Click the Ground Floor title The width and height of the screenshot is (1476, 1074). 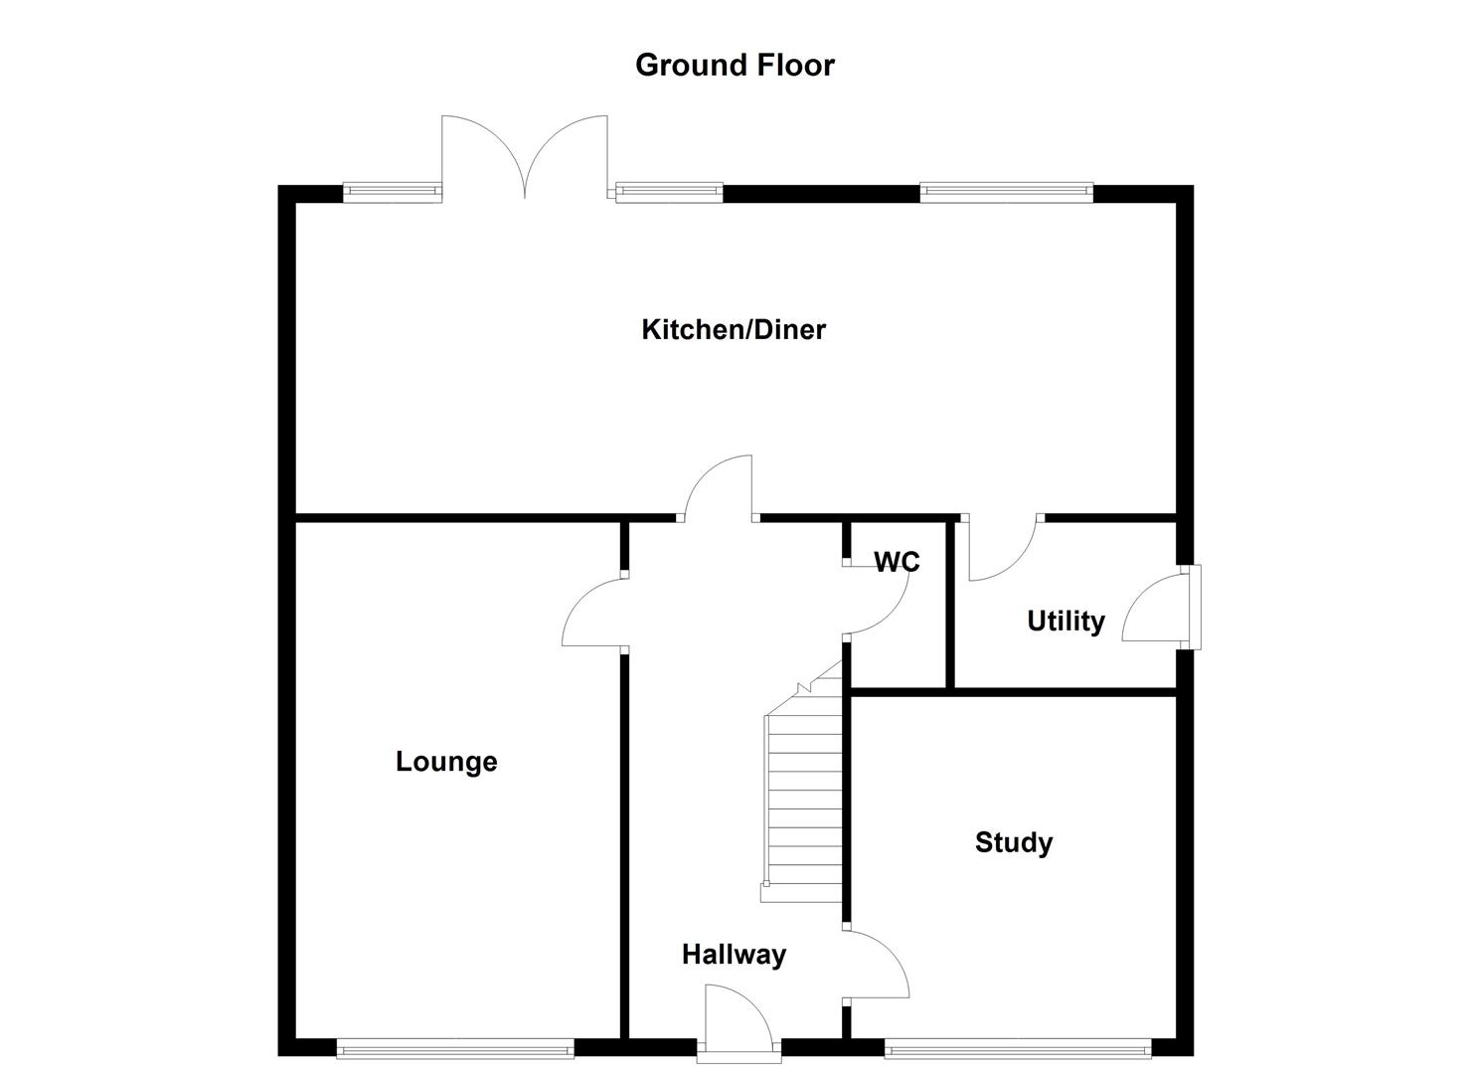pyautogui.click(x=735, y=65)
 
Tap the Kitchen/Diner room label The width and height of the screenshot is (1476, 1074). pyautogui.click(x=734, y=329)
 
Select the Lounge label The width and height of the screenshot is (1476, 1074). pyautogui.click(x=446, y=762)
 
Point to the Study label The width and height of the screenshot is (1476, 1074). pyautogui.click(x=1013, y=842)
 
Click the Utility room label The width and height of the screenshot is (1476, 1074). pyautogui.click(x=1066, y=622)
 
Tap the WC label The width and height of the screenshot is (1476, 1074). pyautogui.click(x=897, y=562)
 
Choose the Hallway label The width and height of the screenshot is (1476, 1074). pyautogui.click(x=734, y=955)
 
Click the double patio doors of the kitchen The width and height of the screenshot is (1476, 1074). pyautogui.click(x=524, y=154)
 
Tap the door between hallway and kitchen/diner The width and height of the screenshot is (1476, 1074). pyautogui.click(x=718, y=489)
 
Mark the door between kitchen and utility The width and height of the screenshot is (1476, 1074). pyautogui.click(x=1002, y=548)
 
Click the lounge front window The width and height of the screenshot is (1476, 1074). pyautogui.click(x=455, y=1047)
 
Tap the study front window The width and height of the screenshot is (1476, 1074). pyautogui.click(x=1017, y=1047)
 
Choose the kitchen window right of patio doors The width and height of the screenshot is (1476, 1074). pyautogui.click(x=669, y=193)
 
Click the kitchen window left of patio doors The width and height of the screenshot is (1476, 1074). pyautogui.click(x=392, y=193)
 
